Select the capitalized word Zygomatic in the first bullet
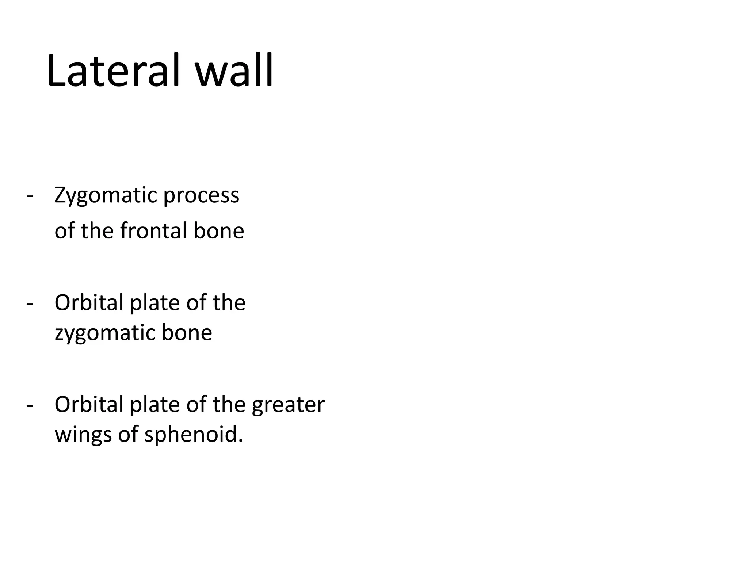pos(106,196)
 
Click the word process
pos(201,196)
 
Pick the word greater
pos(288,405)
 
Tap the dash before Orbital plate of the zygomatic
pos(30,303)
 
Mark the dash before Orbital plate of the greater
pos(30,405)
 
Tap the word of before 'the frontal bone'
pos(65,231)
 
